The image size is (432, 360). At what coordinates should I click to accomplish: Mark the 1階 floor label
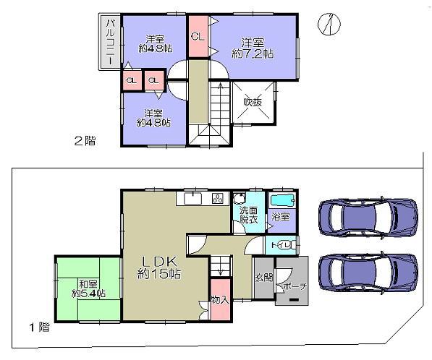click(x=40, y=327)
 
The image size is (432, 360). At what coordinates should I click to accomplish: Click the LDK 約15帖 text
click(x=161, y=266)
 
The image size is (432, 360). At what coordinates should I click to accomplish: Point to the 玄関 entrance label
click(x=263, y=278)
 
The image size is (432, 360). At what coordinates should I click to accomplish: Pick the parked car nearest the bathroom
click(x=368, y=217)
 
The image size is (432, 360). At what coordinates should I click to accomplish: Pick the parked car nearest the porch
click(x=368, y=274)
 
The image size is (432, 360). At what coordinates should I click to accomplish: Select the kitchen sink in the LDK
click(x=192, y=199)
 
